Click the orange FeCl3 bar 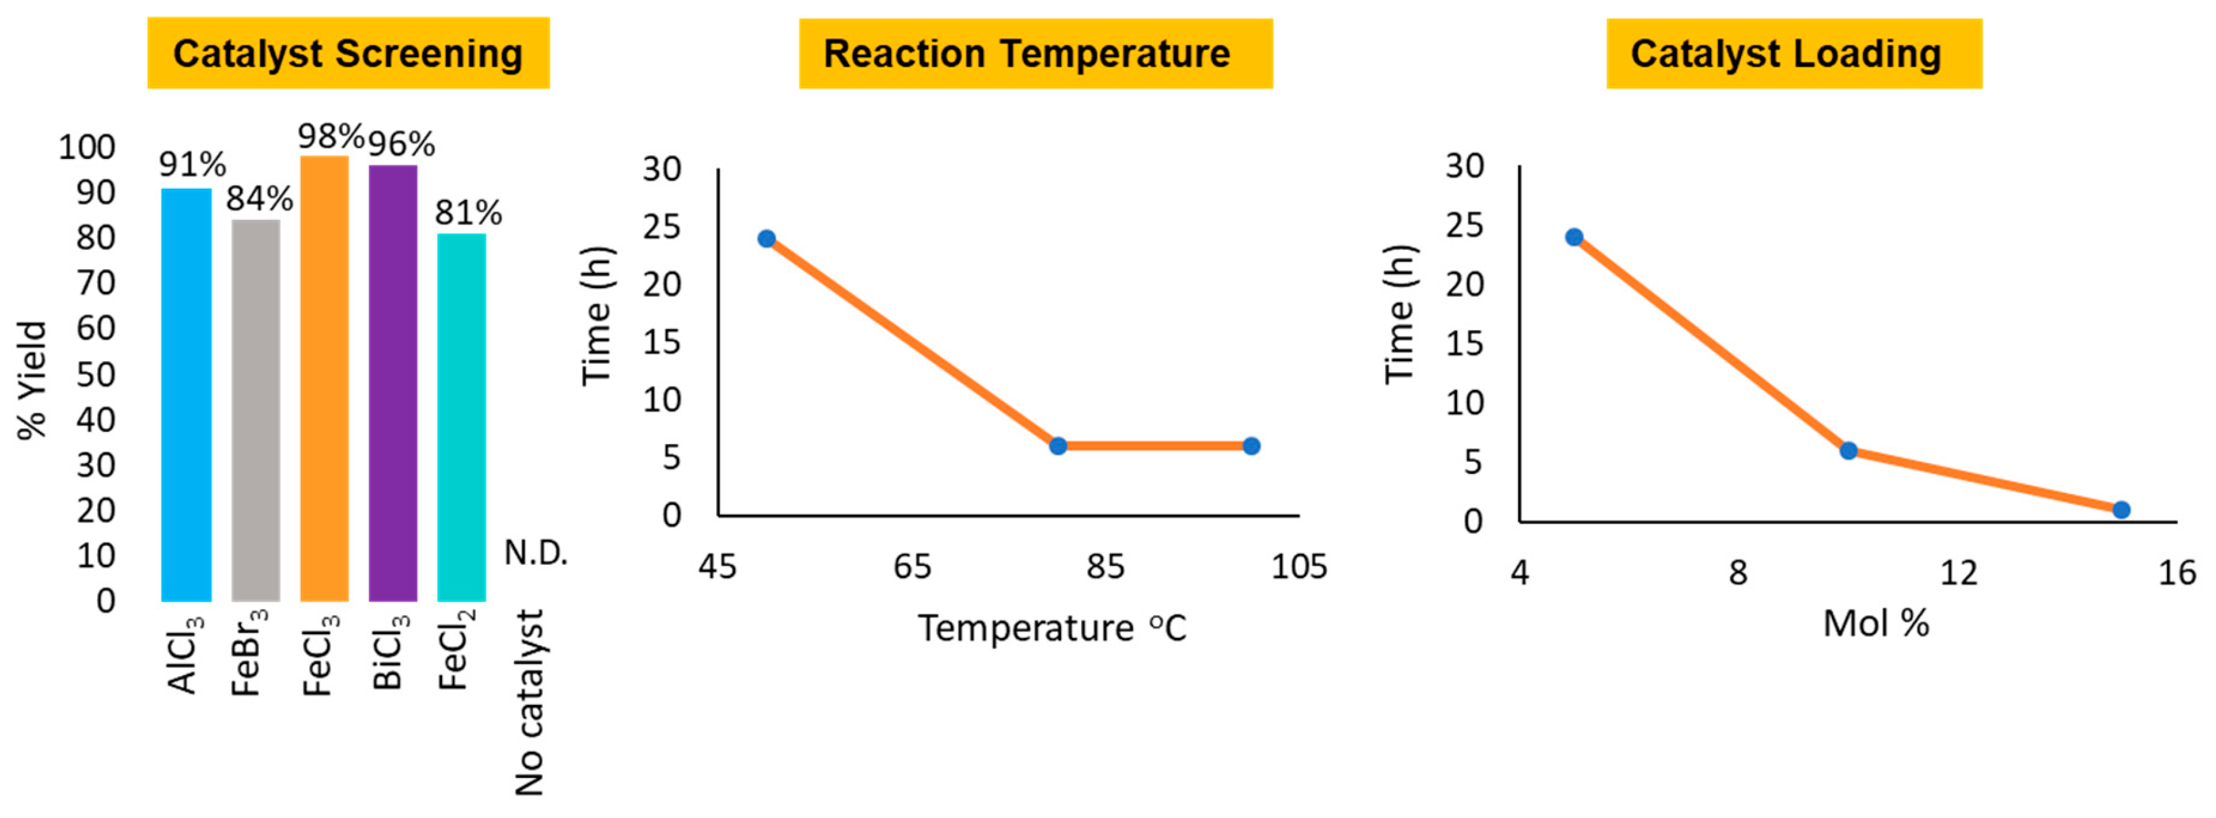tap(324, 378)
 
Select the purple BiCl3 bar tap(392, 383)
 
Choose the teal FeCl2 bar tap(461, 417)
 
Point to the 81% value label tap(468, 212)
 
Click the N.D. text tap(535, 552)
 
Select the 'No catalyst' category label tap(529, 701)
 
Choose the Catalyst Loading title tap(1794, 53)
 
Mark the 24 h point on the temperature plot tap(766, 239)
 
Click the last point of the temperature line tap(1251, 445)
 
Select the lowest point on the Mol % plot tap(2121, 510)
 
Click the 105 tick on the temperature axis tap(1298, 566)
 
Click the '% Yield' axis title tap(32, 380)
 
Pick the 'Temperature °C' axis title tap(1051, 628)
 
